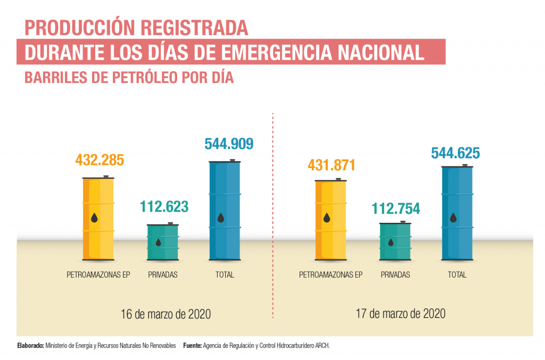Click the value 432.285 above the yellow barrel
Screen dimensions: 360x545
pyautogui.click(x=100, y=160)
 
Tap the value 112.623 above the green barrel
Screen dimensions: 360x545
pyautogui.click(x=164, y=206)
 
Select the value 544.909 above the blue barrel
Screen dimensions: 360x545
pyautogui.click(x=229, y=144)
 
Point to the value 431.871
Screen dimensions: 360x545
pyautogui.click(x=331, y=165)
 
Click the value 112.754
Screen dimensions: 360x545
pyautogui.click(x=395, y=208)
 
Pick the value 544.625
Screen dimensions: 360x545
pyautogui.click(x=455, y=154)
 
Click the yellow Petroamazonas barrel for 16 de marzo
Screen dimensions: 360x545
pyautogui.click(x=98, y=218)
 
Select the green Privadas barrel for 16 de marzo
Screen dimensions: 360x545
pyautogui.click(x=163, y=242)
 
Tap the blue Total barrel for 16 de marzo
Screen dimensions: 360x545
pyautogui.click(x=225, y=211)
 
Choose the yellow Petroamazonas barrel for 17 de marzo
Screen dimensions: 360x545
pyautogui.click(x=331, y=220)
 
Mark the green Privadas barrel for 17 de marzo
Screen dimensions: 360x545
pyautogui.click(x=395, y=241)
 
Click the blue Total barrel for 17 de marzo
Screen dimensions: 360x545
pyautogui.click(x=457, y=213)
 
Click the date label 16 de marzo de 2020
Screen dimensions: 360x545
pyautogui.click(x=166, y=314)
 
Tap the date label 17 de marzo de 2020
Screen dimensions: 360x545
pyautogui.click(x=400, y=314)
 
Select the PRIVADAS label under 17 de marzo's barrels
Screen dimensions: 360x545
pyautogui.click(x=395, y=275)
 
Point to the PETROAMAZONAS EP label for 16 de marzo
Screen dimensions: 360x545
pyautogui.click(x=98, y=275)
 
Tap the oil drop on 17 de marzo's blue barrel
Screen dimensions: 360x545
pyautogui.click(x=453, y=217)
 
